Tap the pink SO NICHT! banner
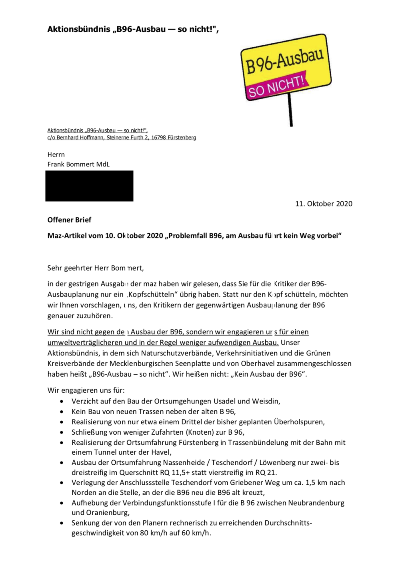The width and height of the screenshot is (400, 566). (x=276, y=86)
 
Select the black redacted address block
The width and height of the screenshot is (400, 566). (x=89, y=186)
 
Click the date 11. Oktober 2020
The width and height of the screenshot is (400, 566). (x=324, y=204)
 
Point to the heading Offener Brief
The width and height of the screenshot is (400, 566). (x=69, y=220)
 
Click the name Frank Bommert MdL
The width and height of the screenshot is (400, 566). (x=78, y=164)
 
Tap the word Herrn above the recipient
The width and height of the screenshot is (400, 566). (x=56, y=155)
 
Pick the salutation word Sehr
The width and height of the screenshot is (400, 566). (x=54, y=268)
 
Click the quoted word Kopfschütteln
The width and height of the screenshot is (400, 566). (x=153, y=295)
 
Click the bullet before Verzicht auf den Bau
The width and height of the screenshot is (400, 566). (x=62, y=401)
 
